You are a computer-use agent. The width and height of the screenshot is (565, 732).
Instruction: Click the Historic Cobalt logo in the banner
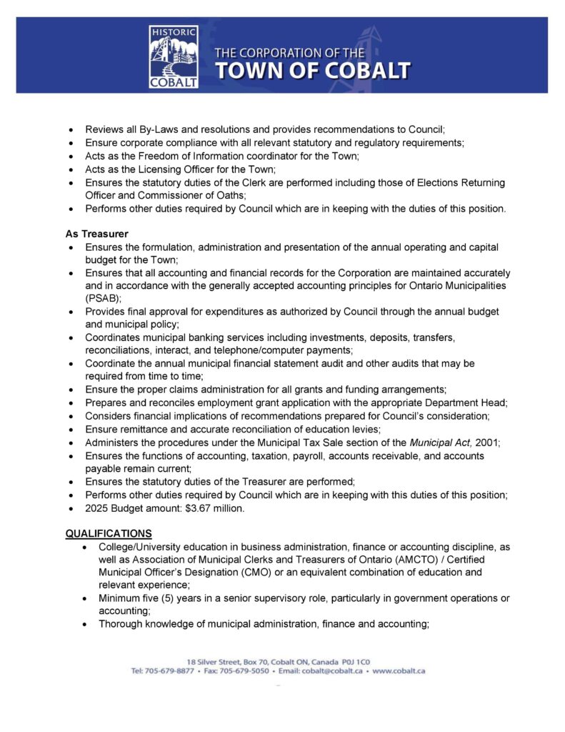pos(174,56)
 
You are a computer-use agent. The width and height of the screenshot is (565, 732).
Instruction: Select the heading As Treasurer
pos(97,234)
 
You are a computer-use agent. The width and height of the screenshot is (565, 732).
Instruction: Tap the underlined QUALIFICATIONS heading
pos(109,533)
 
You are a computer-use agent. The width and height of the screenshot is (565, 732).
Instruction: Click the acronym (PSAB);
pos(104,298)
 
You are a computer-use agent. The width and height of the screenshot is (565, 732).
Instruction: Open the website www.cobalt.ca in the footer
pos(399,671)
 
